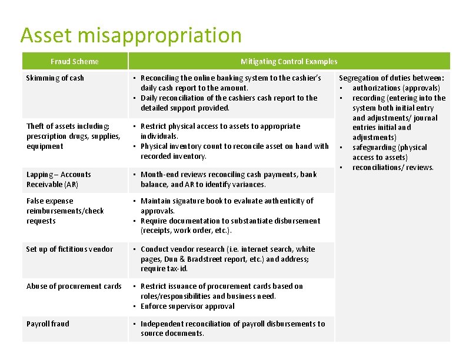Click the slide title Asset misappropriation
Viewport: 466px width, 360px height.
131,36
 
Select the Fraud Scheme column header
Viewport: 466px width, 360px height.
75,61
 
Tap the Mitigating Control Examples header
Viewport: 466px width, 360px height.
289,61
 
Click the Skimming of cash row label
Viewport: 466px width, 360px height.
55,78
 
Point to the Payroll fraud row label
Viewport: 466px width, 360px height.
48,324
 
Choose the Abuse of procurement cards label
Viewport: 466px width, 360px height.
74,286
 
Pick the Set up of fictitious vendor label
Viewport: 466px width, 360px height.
69,249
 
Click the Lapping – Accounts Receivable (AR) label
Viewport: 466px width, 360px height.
59,179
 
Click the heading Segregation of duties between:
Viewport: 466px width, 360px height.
391,78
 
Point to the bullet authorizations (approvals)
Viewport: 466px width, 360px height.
396,88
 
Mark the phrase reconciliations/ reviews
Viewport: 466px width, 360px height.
393,168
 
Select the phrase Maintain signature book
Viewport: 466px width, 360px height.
180,201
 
